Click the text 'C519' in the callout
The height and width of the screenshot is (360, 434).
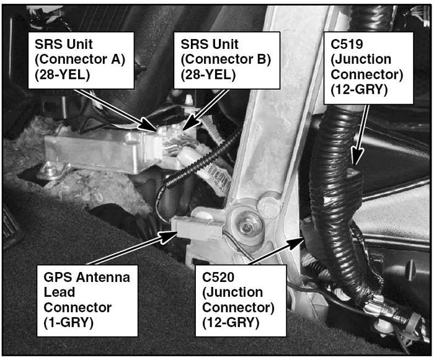(347, 44)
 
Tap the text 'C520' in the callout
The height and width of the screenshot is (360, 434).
(218, 277)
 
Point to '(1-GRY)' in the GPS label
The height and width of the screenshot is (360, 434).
(68, 323)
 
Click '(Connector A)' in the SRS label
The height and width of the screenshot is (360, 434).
(80, 59)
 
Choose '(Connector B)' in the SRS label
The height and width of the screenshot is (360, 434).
(226, 59)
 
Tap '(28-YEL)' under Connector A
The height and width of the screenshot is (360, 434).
(62, 75)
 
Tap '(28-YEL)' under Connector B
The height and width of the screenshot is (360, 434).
(208, 75)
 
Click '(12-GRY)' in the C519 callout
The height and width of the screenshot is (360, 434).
(359, 90)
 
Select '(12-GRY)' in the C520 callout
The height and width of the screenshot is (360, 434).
(231, 323)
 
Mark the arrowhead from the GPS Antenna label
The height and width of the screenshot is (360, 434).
(168, 237)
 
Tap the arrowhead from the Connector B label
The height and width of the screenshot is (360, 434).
(189, 123)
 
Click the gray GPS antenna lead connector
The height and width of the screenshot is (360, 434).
(197, 227)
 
